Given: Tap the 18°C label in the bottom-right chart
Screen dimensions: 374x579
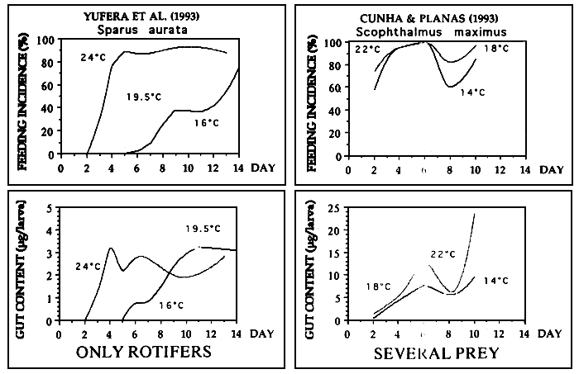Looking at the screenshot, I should (x=380, y=286).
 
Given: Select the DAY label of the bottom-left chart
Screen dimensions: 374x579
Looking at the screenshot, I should (x=260, y=334).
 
